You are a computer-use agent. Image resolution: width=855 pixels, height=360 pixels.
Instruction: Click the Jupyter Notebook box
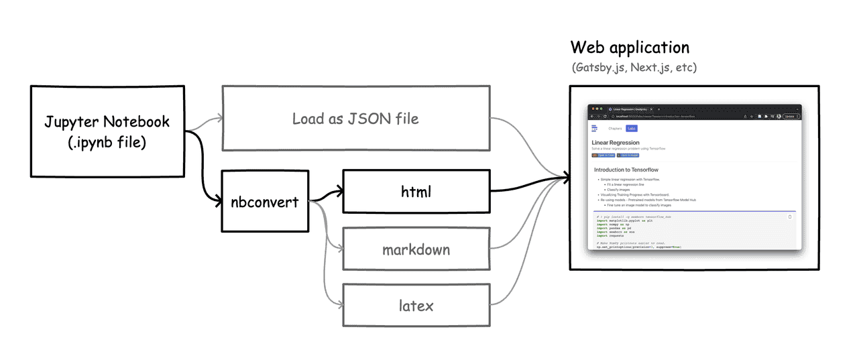(x=107, y=131)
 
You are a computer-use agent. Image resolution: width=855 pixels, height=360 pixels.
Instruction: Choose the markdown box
(x=416, y=250)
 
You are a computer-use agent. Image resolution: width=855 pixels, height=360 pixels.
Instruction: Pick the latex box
(x=416, y=306)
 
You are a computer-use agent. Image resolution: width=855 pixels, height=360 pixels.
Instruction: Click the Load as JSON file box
(x=355, y=119)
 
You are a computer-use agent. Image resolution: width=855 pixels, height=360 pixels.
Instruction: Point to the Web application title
(x=630, y=48)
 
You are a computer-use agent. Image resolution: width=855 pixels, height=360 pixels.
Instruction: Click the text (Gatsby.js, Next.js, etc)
(x=634, y=68)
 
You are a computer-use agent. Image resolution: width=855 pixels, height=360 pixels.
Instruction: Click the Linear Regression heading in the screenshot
(x=615, y=143)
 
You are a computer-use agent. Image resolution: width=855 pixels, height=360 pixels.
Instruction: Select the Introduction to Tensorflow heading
(x=626, y=170)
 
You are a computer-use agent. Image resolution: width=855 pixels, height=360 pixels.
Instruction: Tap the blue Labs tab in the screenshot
(x=632, y=128)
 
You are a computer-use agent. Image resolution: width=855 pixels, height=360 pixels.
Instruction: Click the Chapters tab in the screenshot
(x=614, y=128)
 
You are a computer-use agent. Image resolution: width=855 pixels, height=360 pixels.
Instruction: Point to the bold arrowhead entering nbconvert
(x=219, y=200)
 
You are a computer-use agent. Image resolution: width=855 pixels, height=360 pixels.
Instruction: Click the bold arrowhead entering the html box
(x=339, y=192)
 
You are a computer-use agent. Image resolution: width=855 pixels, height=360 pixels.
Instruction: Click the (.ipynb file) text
(x=107, y=142)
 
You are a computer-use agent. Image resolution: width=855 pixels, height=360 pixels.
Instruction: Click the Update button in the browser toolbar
(x=790, y=116)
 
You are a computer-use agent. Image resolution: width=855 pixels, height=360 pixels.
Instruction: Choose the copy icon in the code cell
(x=789, y=217)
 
